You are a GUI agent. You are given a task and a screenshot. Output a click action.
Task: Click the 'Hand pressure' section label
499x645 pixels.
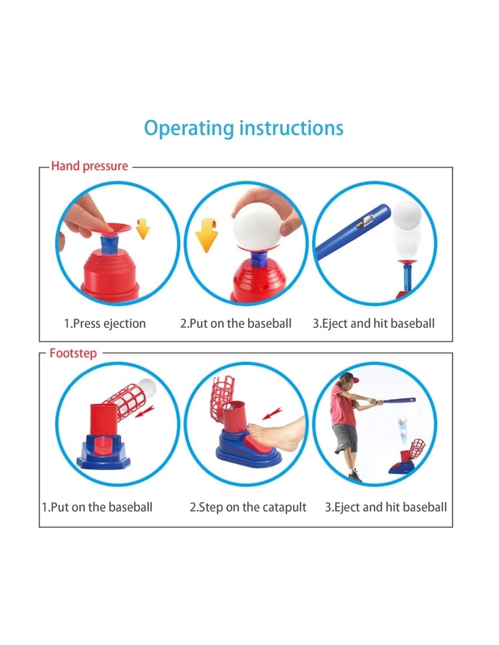pyautogui.click(x=89, y=166)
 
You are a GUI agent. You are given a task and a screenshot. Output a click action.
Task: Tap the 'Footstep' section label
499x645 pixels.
pyautogui.click(x=73, y=353)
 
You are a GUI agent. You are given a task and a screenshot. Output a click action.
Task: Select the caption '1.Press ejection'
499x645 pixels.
pyautogui.click(x=105, y=323)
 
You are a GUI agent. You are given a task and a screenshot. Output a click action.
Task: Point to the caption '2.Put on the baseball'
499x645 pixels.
pyautogui.click(x=236, y=323)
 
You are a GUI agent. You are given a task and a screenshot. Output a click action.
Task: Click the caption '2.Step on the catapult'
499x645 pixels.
pyautogui.click(x=248, y=507)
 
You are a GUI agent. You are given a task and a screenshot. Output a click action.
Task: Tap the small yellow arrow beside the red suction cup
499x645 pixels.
pyautogui.click(x=143, y=229)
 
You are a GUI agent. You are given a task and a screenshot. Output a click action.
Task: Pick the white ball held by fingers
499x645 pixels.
pyautogui.click(x=257, y=226)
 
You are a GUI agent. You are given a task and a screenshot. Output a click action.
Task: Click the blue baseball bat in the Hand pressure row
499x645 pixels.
pyautogui.click(x=353, y=232)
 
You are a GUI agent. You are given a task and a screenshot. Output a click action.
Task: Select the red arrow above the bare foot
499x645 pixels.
pyautogui.click(x=272, y=414)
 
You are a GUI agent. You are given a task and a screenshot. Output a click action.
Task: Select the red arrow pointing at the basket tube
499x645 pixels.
pyautogui.click(x=145, y=411)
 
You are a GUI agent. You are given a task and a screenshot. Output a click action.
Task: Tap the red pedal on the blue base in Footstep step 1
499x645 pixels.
pyautogui.click(x=103, y=448)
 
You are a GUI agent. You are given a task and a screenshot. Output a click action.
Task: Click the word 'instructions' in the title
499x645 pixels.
pyautogui.click(x=291, y=128)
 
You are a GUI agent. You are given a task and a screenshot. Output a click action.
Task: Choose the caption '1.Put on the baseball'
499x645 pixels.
pyautogui.click(x=97, y=507)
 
